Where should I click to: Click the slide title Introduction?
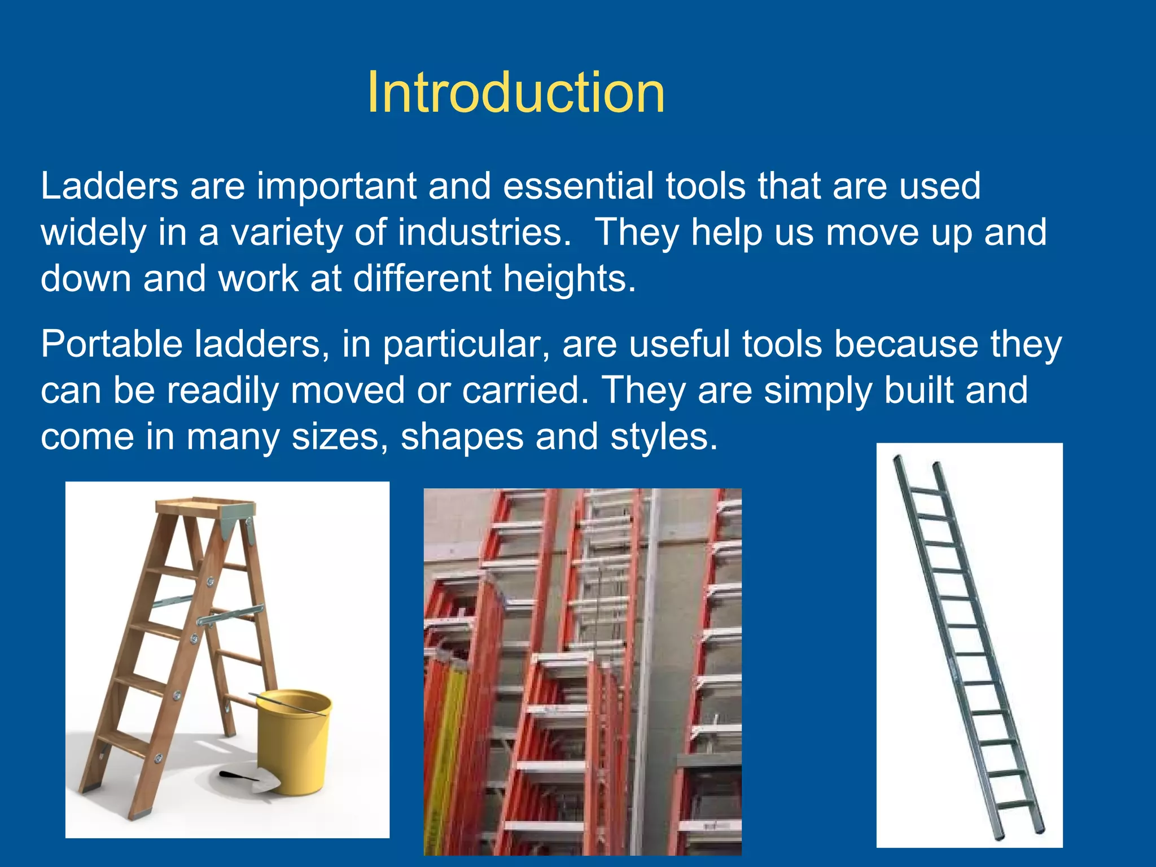click(x=515, y=93)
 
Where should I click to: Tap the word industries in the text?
click(x=484, y=233)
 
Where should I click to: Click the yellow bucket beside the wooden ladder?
click(x=294, y=739)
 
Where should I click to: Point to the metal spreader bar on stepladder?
click(x=231, y=616)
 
